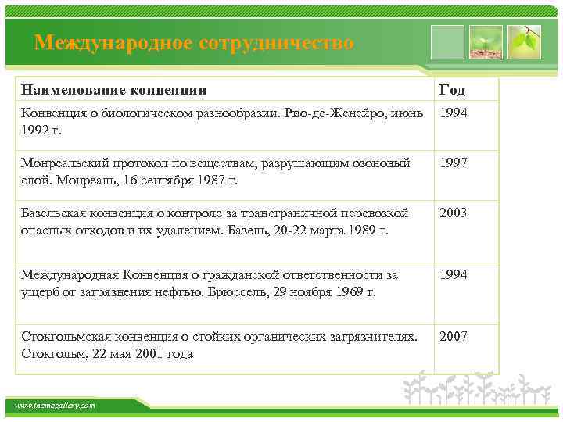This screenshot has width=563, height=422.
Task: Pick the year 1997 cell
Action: (454, 163)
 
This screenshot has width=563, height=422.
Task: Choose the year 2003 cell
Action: (454, 213)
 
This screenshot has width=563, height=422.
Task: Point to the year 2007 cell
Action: (454, 336)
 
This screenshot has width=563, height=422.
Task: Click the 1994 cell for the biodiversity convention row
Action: (454, 113)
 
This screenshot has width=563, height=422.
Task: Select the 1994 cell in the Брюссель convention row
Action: (454, 274)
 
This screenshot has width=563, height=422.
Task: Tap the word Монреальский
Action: (62, 163)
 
